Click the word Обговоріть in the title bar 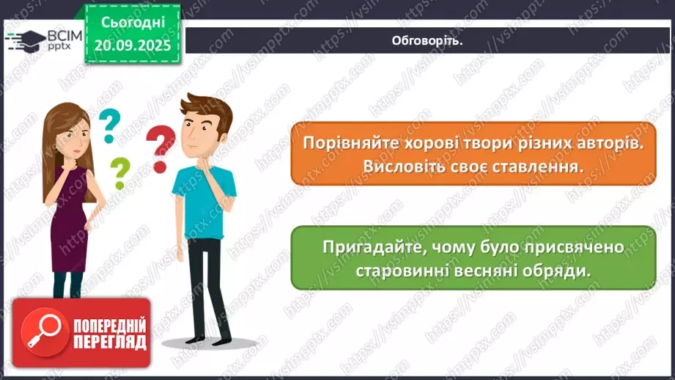[x=427, y=41]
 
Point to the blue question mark [x=109, y=125]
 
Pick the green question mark [x=118, y=174]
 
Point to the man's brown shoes [x=207, y=340]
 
